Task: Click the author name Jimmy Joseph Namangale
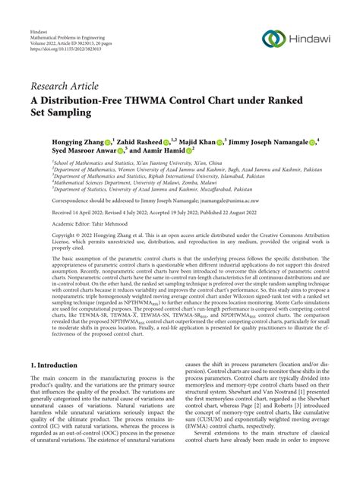(273, 142)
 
